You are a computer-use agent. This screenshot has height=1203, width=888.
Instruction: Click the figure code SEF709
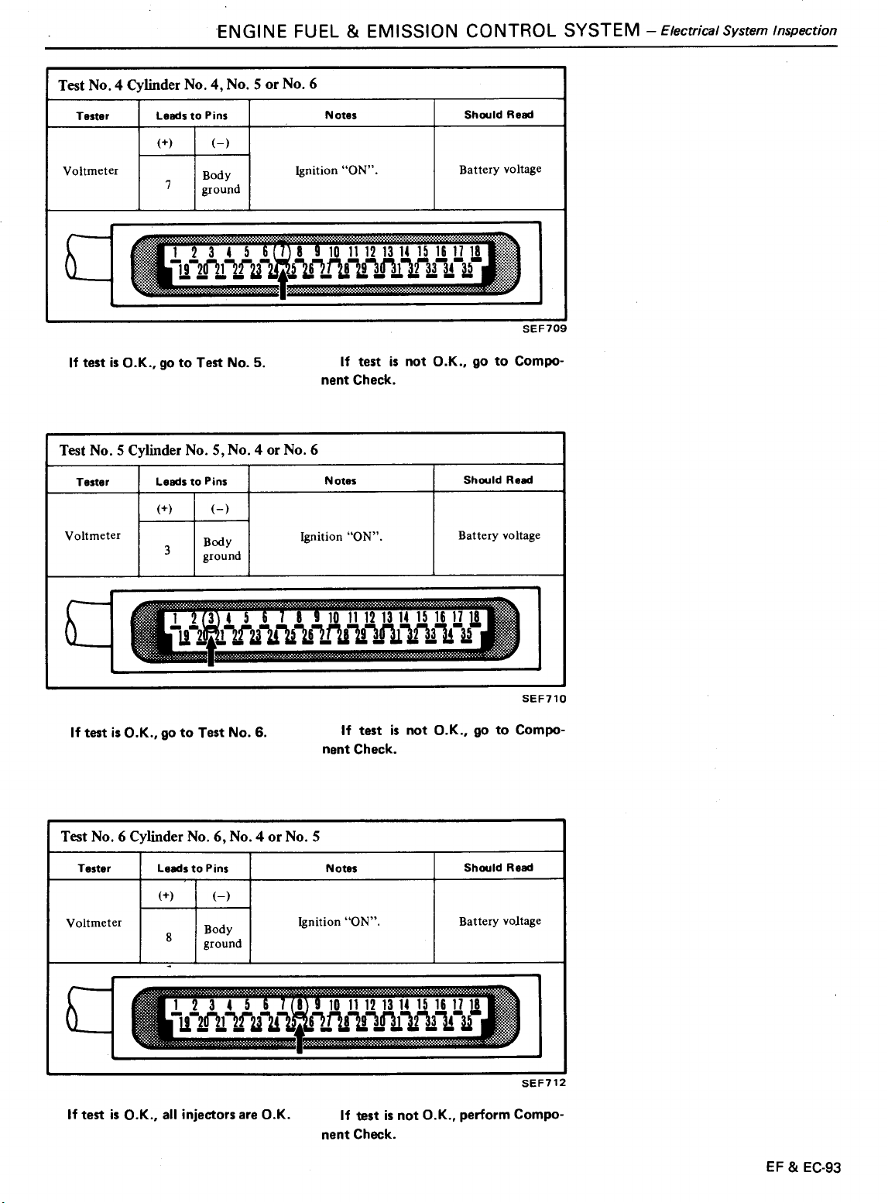[x=544, y=328]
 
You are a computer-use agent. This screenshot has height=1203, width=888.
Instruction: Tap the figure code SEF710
[x=543, y=699]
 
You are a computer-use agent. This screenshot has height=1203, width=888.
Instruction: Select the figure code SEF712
[x=543, y=1083]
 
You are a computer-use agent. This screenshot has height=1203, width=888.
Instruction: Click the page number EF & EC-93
[x=803, y=1167]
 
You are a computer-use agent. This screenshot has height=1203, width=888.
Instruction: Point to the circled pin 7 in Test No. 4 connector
[x=282, y=252]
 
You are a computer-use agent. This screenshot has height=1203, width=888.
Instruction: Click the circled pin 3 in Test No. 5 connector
[x=211, y=618]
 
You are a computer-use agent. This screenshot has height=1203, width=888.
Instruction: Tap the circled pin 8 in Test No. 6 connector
[x=300, y=1005]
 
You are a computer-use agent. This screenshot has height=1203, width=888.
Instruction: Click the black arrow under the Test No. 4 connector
[x=283, y=282]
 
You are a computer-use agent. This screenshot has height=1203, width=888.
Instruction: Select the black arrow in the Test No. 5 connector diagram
[x=211, y=648]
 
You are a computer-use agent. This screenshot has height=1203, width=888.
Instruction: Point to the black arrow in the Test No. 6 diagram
[x=300, y=1036]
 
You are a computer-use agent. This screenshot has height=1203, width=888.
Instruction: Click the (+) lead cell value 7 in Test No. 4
[x=168, y=184]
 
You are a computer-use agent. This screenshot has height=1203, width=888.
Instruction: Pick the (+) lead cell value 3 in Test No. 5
[x=167, y=550]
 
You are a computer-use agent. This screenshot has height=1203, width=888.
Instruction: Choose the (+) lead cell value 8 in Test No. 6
[x=169, y=937]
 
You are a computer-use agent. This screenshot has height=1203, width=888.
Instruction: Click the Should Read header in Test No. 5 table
[x=498, y=480]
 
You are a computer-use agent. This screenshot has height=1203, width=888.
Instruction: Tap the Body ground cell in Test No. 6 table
[x=222, y=937]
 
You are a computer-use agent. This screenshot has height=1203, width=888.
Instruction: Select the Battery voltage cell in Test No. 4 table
[x=500, y=169]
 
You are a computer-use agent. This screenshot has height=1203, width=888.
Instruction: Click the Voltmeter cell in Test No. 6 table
[x=94, y=923]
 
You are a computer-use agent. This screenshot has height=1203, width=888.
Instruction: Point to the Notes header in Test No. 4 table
[x=341, y=115]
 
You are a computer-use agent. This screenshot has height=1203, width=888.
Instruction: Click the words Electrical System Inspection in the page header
[x=749, y=30]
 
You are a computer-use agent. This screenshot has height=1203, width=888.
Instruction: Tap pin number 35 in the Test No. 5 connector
[x=466, y=634]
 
